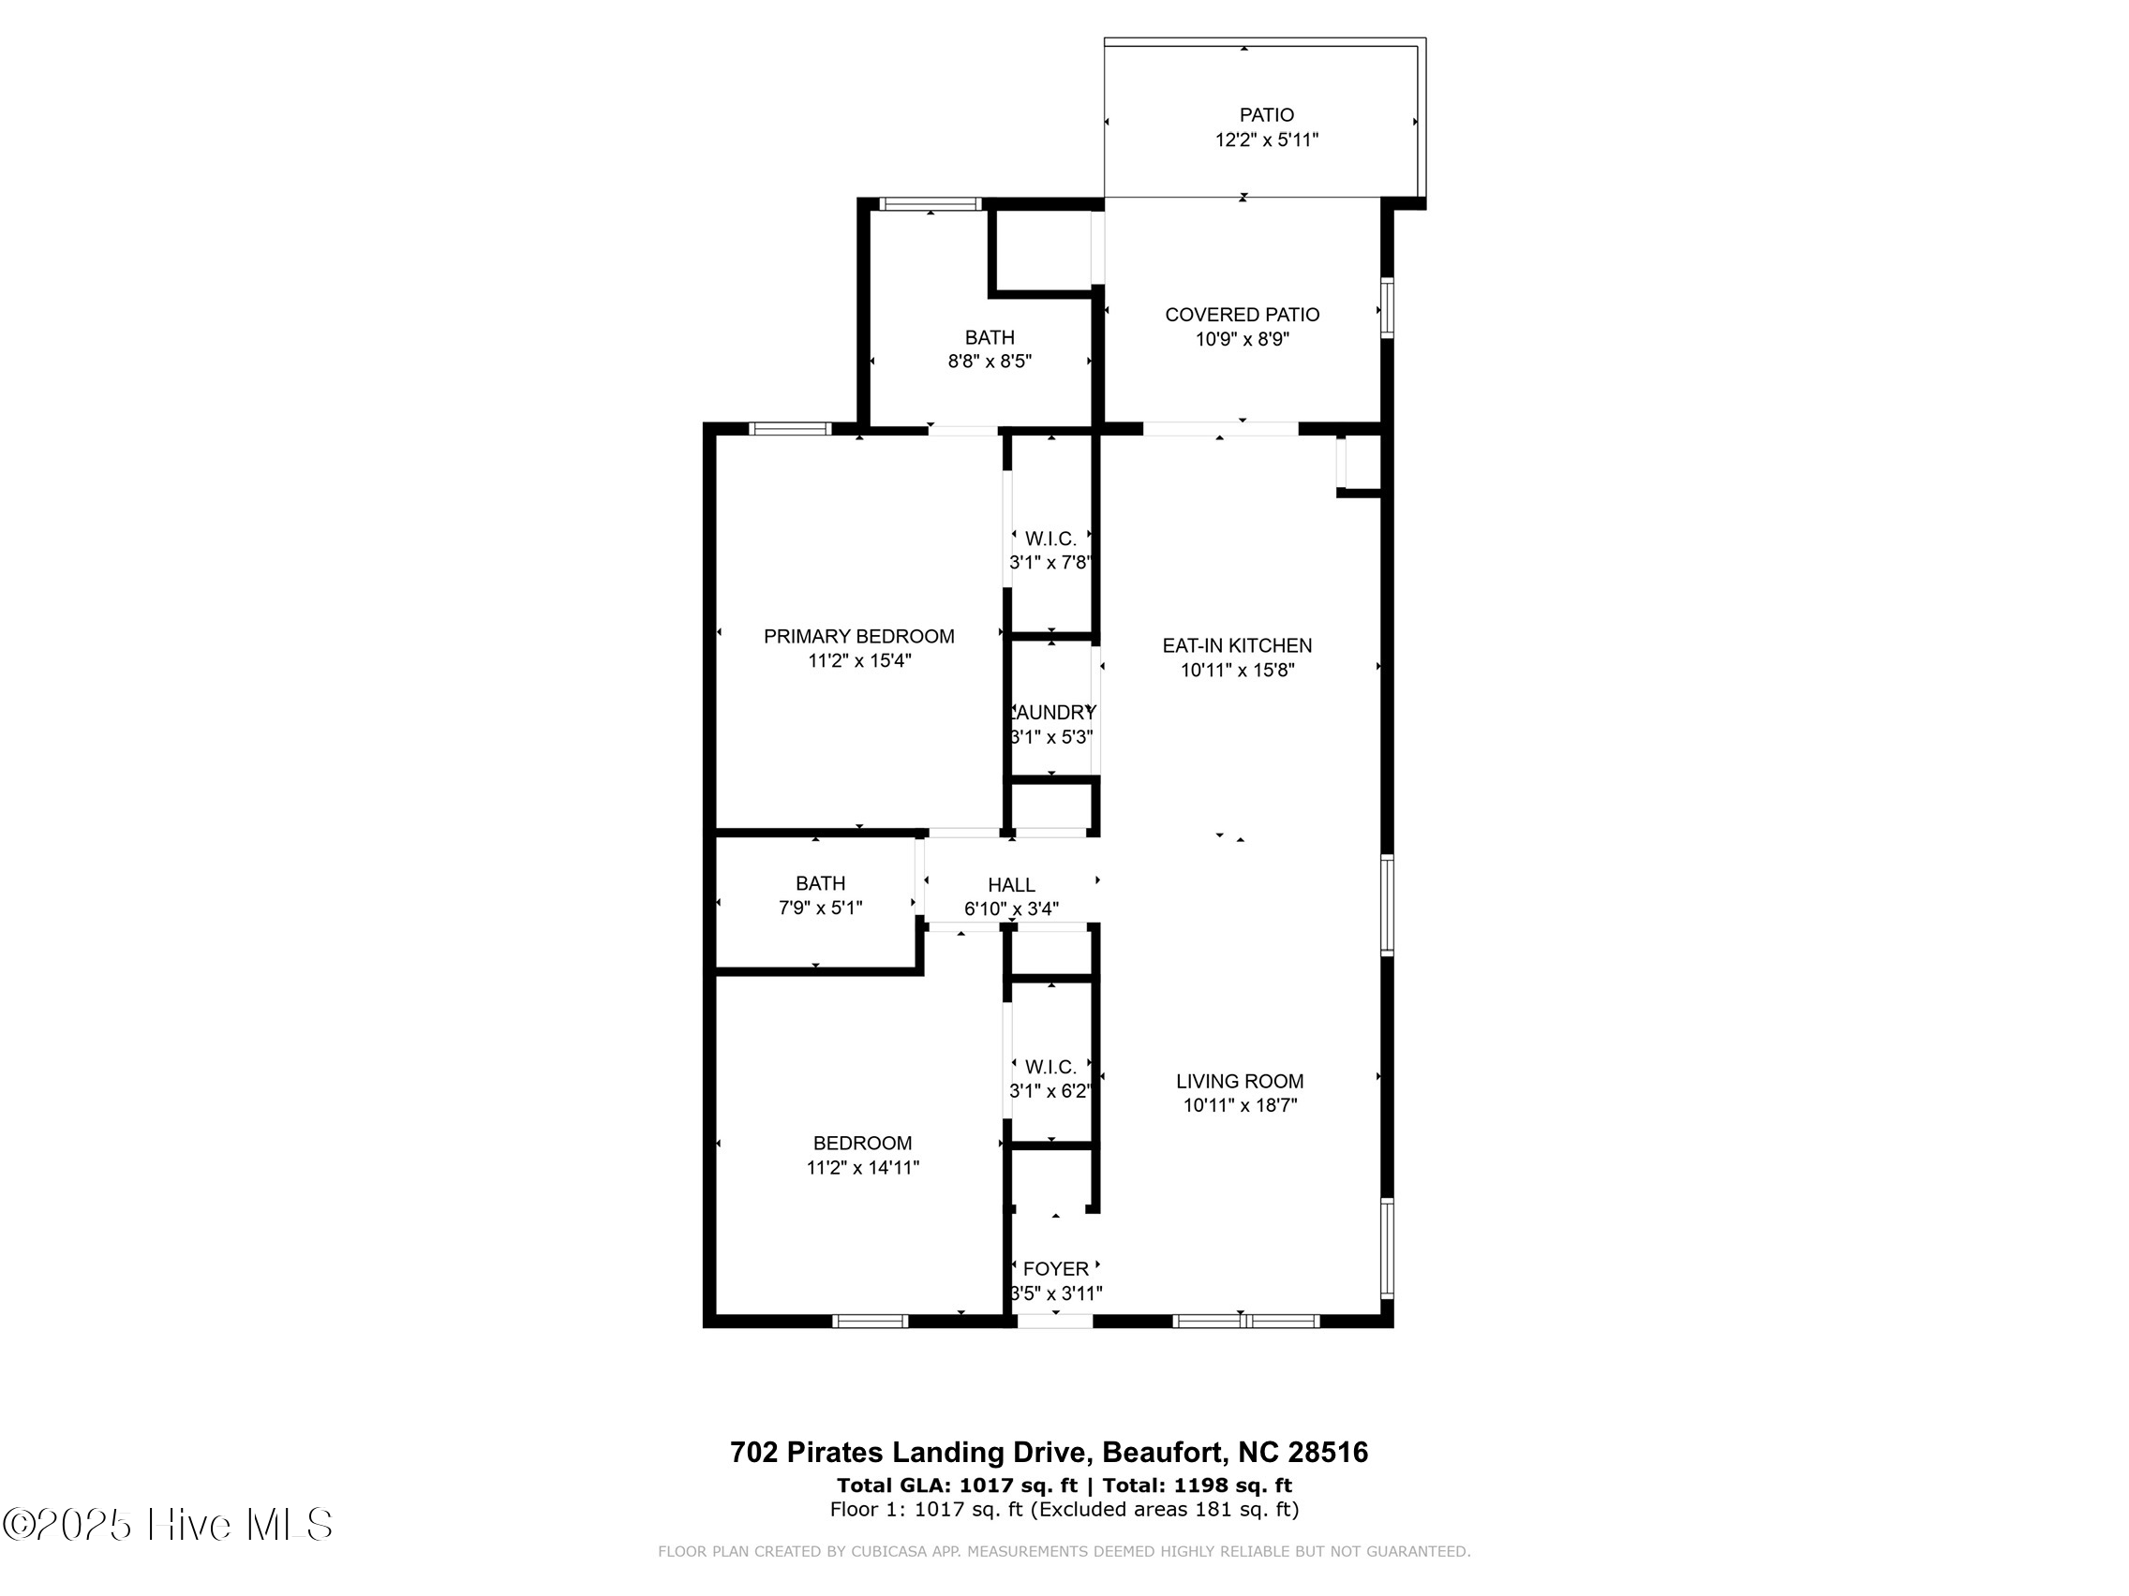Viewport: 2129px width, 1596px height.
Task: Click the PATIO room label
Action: pos(1266,115)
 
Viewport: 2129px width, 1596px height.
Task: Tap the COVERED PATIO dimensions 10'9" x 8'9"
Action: pos(1242,340)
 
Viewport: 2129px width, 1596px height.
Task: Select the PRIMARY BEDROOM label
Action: pos(858,636)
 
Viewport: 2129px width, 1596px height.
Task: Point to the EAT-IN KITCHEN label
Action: pos(1237,645)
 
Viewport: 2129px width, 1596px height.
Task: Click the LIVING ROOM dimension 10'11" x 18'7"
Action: pos(1240,1105)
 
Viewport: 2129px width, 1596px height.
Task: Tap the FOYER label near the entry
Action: pos(1056,1269)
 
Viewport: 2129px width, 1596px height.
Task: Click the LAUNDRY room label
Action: pos(1052,713)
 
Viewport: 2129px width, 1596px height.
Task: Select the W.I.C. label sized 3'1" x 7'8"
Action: pos(1050,539)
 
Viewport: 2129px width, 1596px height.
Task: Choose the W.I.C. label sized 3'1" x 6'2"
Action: pos(1050,1067)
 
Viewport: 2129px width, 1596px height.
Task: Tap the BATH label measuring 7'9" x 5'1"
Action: pos(820,883)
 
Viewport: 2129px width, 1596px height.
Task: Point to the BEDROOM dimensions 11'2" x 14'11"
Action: pos(862,1168)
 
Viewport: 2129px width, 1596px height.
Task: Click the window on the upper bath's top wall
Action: pos(930,204)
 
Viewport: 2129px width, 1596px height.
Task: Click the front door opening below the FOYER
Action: pos(1055,1321)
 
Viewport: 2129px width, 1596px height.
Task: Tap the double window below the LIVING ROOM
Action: pos(1245,1321)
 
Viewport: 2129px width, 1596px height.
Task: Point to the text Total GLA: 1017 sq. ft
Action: pos(957,1485)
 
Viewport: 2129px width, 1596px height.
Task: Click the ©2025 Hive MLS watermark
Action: pos(168,1525)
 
